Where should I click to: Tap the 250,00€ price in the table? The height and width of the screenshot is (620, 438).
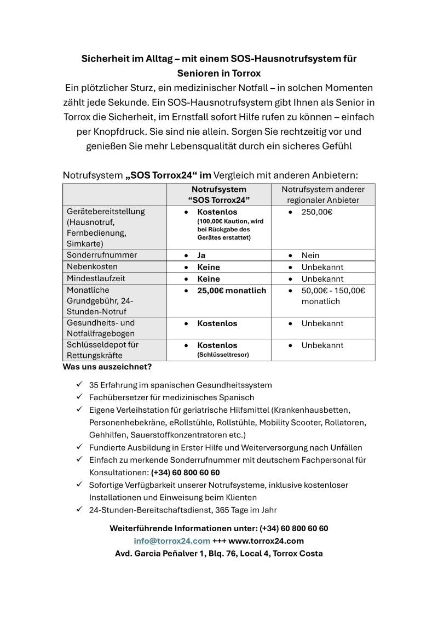coord(316,212)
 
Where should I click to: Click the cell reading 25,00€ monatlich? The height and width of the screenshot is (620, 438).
coord(231,291)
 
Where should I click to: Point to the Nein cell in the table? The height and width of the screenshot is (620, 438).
coord(310,255)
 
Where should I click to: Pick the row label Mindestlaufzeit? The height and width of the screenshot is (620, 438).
coord(96,278)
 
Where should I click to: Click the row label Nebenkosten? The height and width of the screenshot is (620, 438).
coord(92,267)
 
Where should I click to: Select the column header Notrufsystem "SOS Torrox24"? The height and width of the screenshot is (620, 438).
coord(218,195)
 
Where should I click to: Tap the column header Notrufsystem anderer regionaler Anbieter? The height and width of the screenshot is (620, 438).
coord(323,195)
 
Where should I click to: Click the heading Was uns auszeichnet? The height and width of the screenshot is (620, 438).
coord(107,366)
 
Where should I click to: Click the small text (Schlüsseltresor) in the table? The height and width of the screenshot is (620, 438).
coord(223,355)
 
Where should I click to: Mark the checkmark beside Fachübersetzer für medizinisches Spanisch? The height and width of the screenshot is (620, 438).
coord(80,397)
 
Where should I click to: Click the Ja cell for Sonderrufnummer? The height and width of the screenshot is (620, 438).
coord(201,255)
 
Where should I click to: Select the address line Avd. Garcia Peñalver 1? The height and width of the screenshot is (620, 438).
coord(219,554)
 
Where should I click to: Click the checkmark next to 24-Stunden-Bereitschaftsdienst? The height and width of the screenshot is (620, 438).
coord(80,510)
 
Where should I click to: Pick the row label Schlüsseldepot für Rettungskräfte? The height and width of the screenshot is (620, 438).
coord(102,350)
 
